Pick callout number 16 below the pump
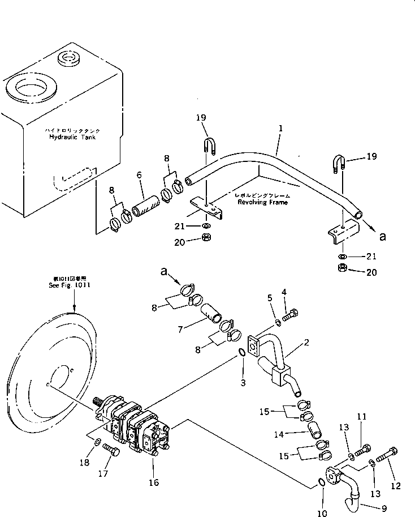point(154,482)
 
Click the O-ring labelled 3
point(242,353)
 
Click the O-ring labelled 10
point(320,482)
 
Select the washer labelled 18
point(97,441)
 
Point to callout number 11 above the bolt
point(362,417)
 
